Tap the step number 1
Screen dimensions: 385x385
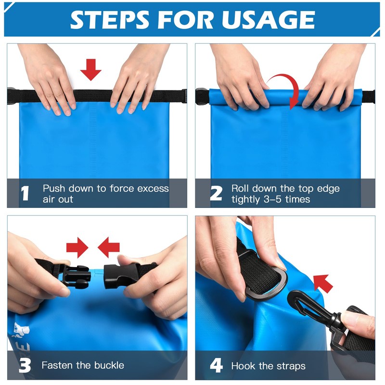click(x=25, y=193)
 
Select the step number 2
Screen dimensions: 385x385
click(x=216, y=193)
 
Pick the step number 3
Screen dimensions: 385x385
click(x=25, y=366)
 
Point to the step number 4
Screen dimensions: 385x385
click(x=216, y=366)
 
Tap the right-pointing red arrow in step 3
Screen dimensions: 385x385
click(x=77, y=248)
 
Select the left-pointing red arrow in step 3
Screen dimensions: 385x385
click(x=109, y=248)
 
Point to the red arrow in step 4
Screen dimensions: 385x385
click(x=323, y=283)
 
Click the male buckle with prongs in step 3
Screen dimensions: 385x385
click(x=75, y=276)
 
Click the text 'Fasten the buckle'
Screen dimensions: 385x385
click(x=83, y=366)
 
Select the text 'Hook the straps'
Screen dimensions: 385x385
click(x=268, y=366)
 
